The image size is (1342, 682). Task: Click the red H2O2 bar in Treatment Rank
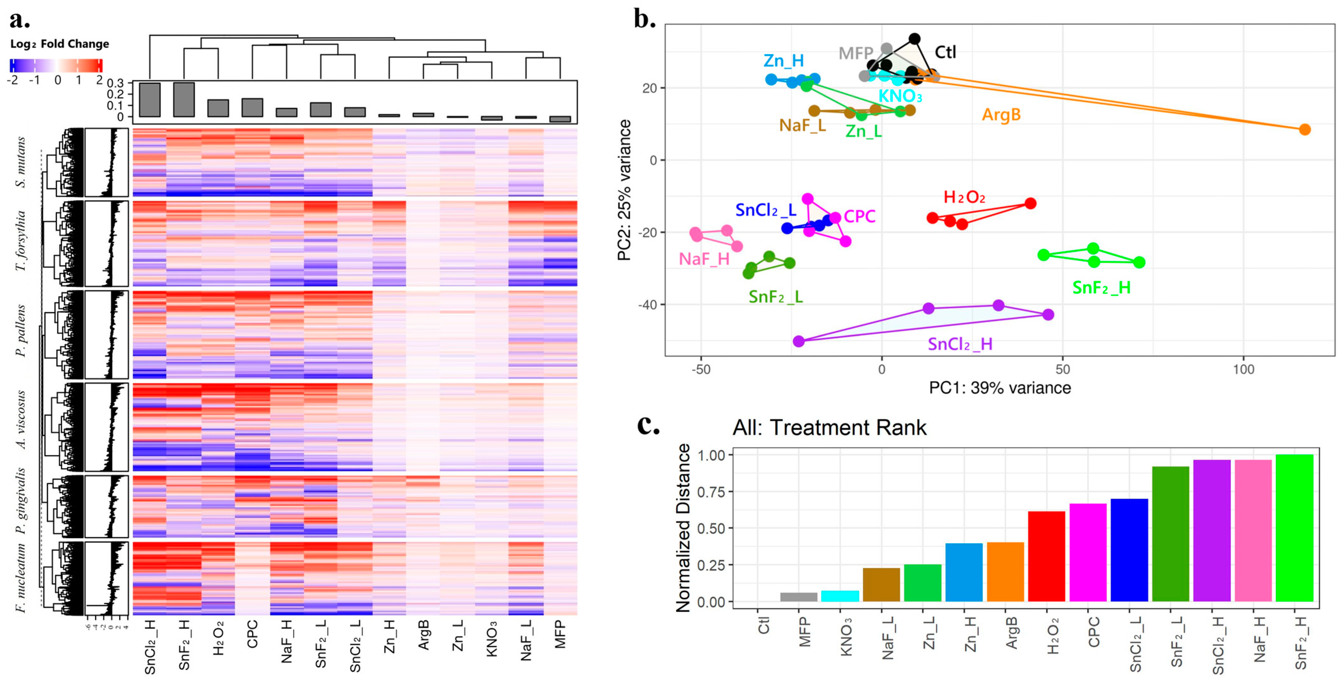pos(1046,556)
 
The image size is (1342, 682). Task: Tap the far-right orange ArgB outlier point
pos(1304,129)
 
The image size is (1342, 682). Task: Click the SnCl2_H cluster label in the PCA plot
pos(960,344)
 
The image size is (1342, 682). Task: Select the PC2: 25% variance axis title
pos(625,190)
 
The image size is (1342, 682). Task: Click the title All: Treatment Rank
pos(829,428)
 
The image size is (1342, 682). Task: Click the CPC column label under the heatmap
pos(252,634)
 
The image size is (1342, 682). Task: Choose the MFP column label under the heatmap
pos(560,634)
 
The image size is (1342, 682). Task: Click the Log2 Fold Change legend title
pos(60,44)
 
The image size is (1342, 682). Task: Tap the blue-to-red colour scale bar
pos(56,66)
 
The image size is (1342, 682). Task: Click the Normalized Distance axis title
pos(683,527)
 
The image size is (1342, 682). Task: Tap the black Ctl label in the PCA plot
pos(945,52)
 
